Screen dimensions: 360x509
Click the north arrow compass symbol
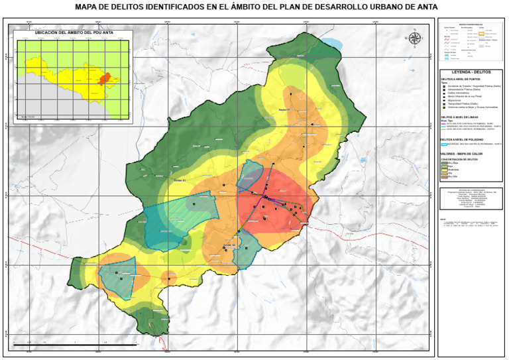coord(416,37)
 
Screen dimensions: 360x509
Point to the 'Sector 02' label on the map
coord(229,245)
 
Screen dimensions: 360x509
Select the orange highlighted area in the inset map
coord(103,79)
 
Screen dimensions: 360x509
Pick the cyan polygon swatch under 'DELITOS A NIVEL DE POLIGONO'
coord(444,144)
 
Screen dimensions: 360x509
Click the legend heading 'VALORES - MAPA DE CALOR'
coord(461,153)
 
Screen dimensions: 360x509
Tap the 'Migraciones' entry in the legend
coord(458,99)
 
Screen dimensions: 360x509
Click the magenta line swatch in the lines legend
coord(444,123)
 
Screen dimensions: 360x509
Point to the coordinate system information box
coord(471,200)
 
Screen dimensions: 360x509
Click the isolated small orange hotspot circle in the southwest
coord(168,277)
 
